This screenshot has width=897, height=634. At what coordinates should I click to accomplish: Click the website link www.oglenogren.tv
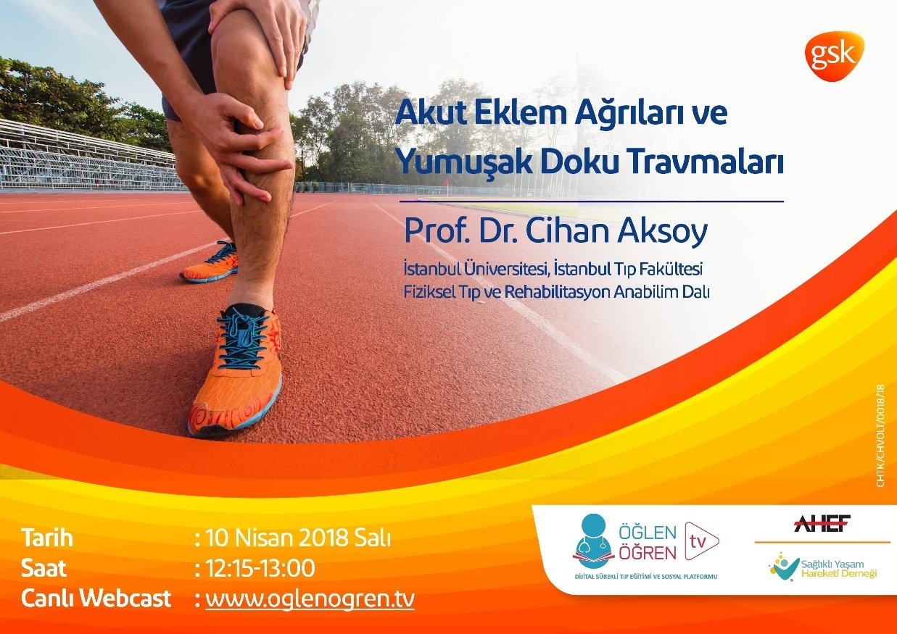[310, 599]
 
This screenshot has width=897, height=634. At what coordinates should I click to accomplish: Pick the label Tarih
[47, 539]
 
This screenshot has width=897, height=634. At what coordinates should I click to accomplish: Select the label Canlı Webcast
[96, 599]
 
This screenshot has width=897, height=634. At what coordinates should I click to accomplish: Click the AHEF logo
[822, 524]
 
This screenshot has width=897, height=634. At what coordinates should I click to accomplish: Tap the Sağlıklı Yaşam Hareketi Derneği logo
[822, 567]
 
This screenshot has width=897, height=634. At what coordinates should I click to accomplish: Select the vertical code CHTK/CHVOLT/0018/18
[881, 434]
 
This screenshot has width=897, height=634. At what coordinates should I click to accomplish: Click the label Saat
[44, 569]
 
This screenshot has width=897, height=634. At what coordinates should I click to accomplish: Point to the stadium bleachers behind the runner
[73, 156]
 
